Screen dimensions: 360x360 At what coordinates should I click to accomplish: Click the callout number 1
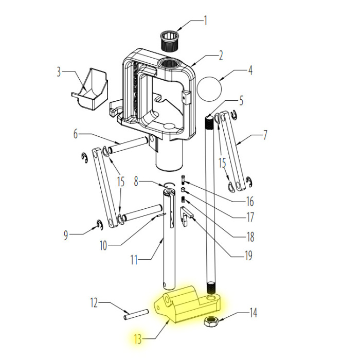[x=206, y=21]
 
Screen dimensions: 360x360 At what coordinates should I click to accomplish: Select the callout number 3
[x=59, y=72]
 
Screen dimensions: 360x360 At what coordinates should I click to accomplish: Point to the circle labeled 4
[x=210, y=88]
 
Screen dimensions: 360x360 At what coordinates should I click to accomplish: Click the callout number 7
[x=265, y=135]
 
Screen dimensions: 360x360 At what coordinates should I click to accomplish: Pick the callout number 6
[x=76, y=134]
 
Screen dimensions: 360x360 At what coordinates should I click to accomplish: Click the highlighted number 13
[x=137, y=339]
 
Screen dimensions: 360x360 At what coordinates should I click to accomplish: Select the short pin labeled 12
[x=136, y=315]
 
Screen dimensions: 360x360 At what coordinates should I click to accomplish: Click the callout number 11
[x=134, y=260]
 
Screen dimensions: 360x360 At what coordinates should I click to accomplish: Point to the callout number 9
[x=66, y=235]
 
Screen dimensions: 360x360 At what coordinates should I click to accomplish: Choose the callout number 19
[x=248, y=256]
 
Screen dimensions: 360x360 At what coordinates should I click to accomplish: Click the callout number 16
[x=250, y=202]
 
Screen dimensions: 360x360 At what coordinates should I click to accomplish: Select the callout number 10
[x=103, y=245]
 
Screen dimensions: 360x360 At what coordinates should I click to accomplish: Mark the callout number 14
[x=253, y=313]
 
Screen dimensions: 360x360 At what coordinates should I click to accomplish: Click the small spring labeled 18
[x=183, y=200]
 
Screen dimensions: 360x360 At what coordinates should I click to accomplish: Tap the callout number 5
[x=241, y=101]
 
